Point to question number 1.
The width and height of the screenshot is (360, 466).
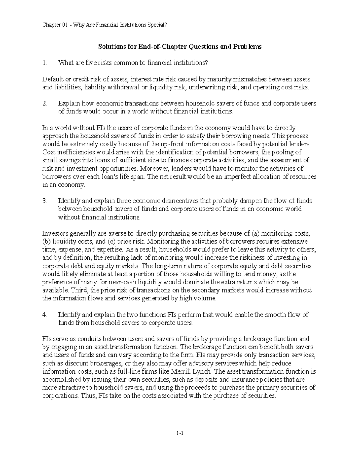(45, 63)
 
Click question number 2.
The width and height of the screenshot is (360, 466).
(45, 104)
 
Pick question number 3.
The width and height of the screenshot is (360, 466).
(45, 201)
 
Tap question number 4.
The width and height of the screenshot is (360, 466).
(45, 315)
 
